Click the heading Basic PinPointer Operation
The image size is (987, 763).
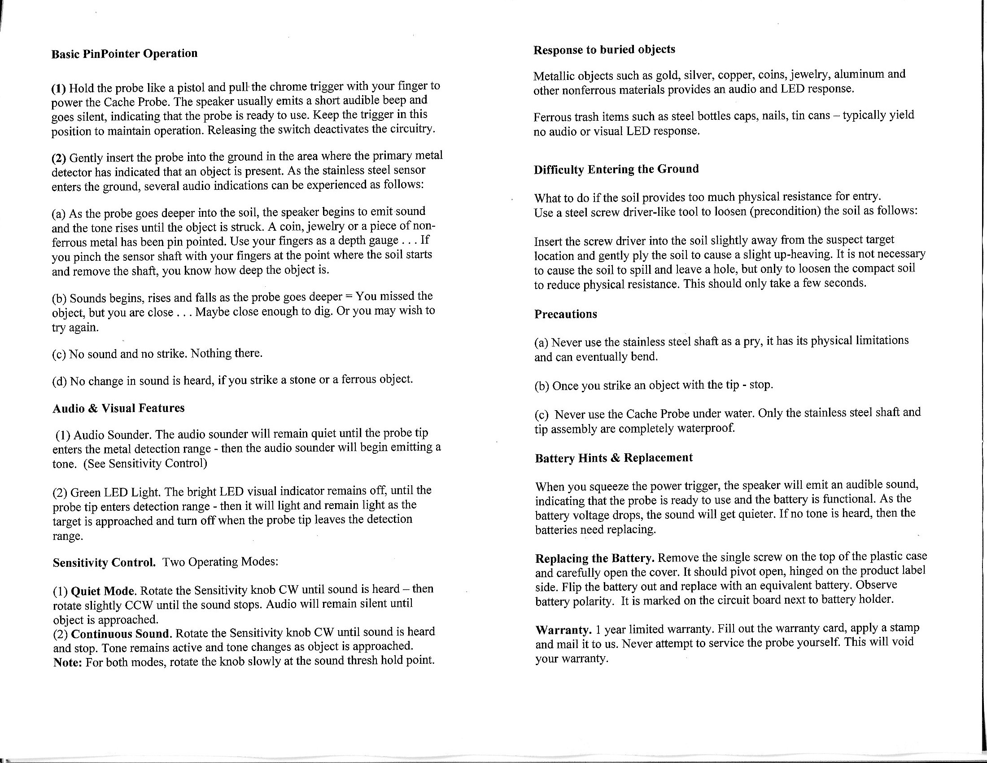124,54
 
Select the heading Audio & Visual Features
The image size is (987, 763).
118,408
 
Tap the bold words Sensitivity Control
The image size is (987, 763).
105,563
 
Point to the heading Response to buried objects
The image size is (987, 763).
604,50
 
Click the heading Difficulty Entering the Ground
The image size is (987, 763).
616,170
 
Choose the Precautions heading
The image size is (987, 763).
565,314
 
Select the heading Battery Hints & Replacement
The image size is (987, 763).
614,458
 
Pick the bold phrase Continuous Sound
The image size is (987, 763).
122,633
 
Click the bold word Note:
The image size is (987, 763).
67,662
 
